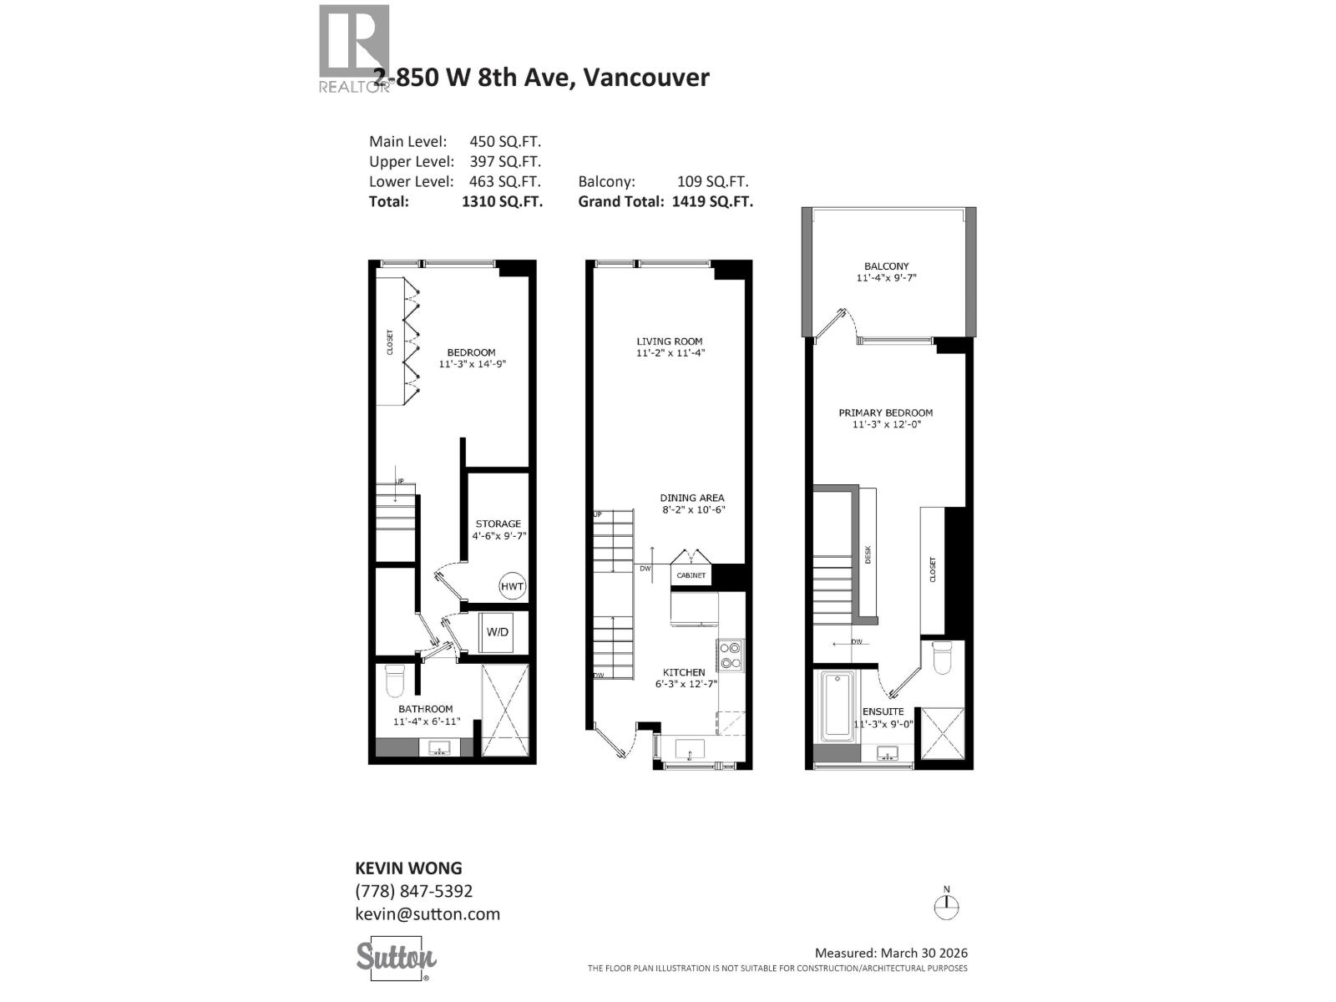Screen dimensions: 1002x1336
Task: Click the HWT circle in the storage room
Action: [512, 586]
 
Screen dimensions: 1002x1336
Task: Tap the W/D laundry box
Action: [498, 632]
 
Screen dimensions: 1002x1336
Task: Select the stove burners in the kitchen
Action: [731, 655]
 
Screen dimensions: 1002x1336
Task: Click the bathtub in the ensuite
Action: [837, 706]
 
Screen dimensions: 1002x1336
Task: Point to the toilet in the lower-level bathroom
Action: [394, 681]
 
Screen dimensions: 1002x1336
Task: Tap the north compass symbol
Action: [946, 907]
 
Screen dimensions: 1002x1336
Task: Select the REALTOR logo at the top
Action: [354, 48]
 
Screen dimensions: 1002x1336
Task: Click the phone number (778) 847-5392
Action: [413, 891]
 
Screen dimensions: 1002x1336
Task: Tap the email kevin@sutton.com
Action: [428, 913]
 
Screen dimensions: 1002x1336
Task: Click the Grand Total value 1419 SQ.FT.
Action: [711, 201]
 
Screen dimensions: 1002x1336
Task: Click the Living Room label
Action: [669, 341]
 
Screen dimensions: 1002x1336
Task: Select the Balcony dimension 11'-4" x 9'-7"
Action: [886, 278]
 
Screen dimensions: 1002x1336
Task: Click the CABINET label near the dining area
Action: [691, 575]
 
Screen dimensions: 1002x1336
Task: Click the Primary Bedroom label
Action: [885, 412]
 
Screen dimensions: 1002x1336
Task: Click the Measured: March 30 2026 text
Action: [890, 953]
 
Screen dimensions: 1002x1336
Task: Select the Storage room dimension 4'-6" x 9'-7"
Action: [498, 536]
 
